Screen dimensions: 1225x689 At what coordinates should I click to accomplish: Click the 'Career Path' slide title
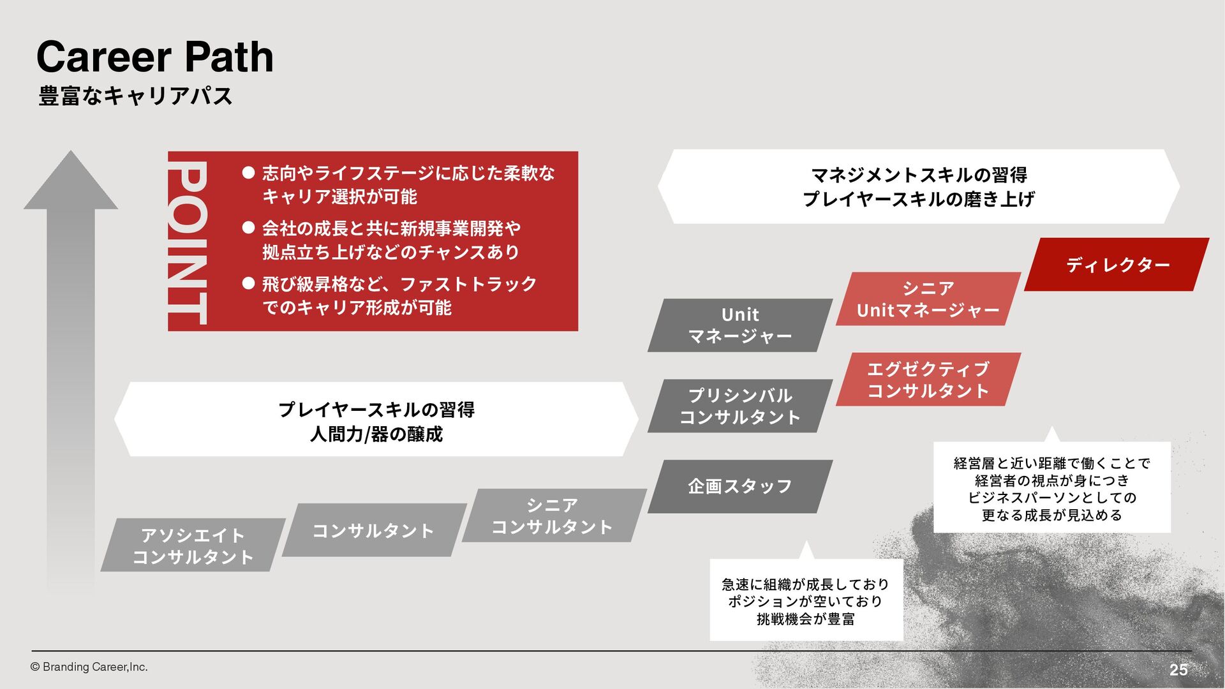[x=155, y=57]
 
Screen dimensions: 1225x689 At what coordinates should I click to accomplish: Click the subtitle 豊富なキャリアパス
[x=135, y=96]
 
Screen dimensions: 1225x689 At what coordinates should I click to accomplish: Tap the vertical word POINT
[x=188, y=242]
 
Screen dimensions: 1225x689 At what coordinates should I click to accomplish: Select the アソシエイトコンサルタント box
[x=193, y=545]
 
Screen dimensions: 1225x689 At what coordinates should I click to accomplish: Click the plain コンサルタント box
[x=373, y=530]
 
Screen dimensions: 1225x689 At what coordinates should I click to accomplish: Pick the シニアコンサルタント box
[x=553, y=515]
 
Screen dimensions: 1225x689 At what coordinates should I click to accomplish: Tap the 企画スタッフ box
[x=739, y=486]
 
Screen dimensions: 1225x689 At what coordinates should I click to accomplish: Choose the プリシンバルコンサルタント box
[x=739, y=406]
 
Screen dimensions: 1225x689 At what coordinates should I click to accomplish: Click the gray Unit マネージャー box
[x=739, y=325]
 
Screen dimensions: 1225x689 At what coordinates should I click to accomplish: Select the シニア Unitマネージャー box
[x=928, y=299]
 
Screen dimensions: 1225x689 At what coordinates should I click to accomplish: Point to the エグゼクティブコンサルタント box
[x=928, y=380]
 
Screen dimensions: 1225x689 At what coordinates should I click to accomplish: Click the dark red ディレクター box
[x=1117, y=265]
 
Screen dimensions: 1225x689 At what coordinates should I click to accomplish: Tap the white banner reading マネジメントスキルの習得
[x=919, y=186]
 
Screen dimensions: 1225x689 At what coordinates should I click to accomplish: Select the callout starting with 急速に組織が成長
[x=806, y=600]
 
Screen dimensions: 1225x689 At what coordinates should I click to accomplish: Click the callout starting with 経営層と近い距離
[x=1051, y=488]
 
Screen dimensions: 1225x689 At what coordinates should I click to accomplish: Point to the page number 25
[x=1178, y=669]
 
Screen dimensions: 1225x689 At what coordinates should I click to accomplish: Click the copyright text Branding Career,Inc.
[x=89, y=667]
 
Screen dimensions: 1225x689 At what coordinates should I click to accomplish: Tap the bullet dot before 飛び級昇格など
[x=248, y=283]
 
